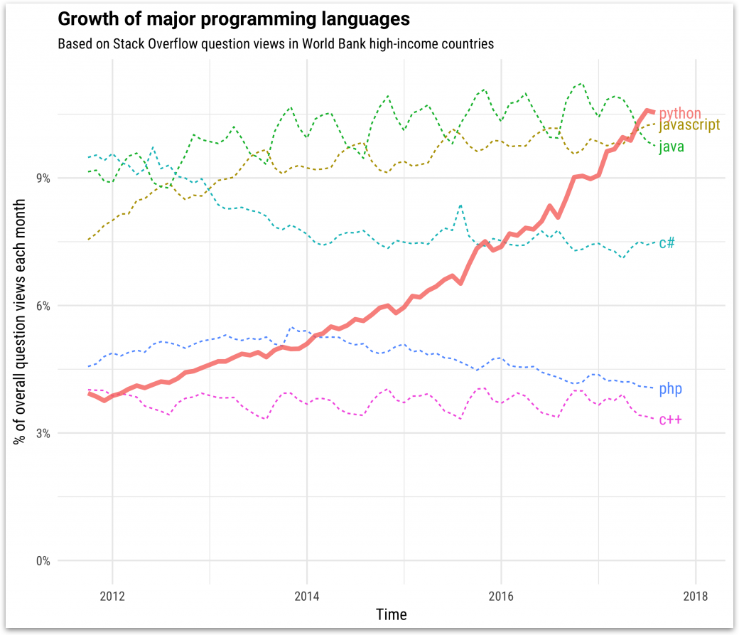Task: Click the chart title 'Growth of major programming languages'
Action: click(234, 18)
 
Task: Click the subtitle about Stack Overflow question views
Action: click(275, 44)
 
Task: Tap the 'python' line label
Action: click(680, 113)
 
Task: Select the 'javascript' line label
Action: click(689, 125)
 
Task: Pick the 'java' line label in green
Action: click(671, 147)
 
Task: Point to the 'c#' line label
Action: click(667, 243)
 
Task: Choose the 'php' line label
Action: click(671, 389)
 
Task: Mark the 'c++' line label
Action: click(670, 420)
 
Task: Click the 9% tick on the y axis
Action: click(43, 178)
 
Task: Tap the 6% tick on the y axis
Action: click(43, 306)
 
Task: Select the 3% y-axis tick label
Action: click(43, 433)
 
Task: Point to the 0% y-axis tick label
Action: click(43, 560)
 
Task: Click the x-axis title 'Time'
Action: click(392, 614)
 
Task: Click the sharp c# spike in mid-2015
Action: click(460, 206)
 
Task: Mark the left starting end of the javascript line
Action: click(88, 240)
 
